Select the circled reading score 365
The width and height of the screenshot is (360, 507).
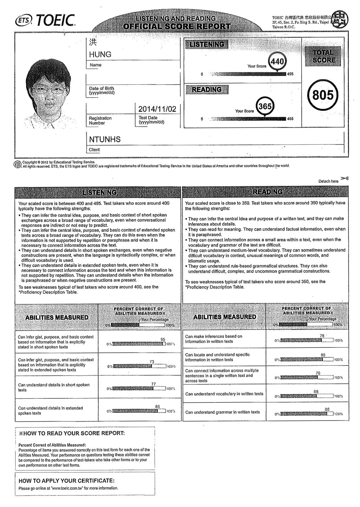[x=265, y=107]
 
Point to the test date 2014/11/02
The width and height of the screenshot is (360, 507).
[x=157, y=109]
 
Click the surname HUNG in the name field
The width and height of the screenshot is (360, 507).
[x=100, y=54]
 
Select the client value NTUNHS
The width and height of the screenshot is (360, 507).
[x=105, y=140]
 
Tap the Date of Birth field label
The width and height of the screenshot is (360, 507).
[x=102, y=91]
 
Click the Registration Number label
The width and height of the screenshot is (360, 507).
[x=100, y=121]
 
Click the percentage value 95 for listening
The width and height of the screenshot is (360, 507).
[x=163, y=339]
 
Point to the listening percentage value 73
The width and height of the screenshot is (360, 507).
[x=152, y=362]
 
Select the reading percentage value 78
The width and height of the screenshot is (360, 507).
[x=322, y=336]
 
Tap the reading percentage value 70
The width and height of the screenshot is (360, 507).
[x=318, y=373]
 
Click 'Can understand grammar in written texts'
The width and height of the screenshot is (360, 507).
[x=223, y=412]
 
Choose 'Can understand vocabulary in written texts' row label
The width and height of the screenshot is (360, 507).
[x=224, y=394]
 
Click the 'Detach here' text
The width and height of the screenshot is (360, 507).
[x=328, y=181]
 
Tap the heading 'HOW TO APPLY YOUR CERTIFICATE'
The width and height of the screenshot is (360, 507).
[x=66, y=481]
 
